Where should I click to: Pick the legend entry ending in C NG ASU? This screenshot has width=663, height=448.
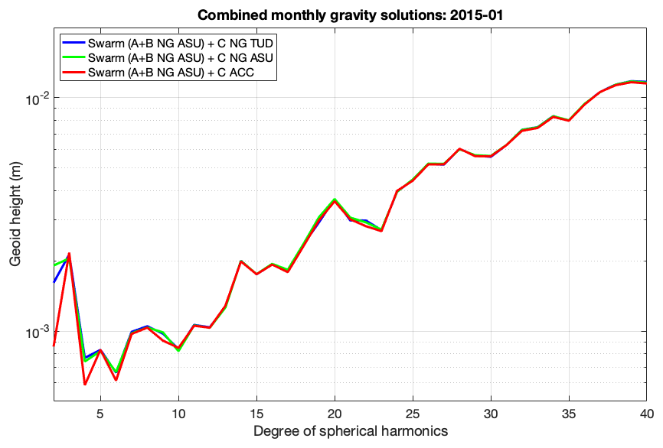(181, 58)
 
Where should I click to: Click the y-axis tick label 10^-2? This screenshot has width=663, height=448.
(37, 97)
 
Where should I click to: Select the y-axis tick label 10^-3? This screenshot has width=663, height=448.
(37, 331)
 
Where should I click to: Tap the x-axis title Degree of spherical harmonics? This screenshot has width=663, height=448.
(350, 431)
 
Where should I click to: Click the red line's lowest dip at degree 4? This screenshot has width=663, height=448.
(85, 385)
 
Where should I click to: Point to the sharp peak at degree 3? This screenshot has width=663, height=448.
(69, 253)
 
